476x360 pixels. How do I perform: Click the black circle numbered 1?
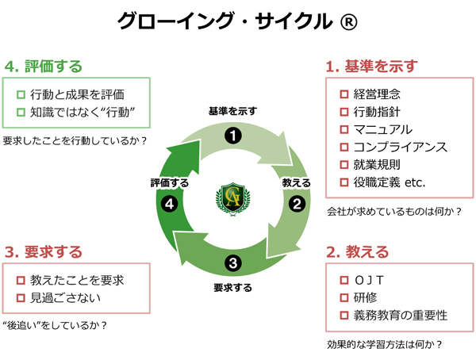(232, 136)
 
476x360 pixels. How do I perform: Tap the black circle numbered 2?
(297, 203)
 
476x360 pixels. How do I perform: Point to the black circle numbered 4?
(168, 204)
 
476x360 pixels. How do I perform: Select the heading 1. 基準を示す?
(372, 66)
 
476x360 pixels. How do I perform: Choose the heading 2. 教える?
(357, 252)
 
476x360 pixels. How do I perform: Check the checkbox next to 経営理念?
(344, 94)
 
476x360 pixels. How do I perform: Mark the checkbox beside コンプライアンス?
(344, 147)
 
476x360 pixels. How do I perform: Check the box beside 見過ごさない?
(21, 297)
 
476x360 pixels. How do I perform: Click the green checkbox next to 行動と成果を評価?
(21, 94)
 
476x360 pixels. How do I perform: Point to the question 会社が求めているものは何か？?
(394, 212)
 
